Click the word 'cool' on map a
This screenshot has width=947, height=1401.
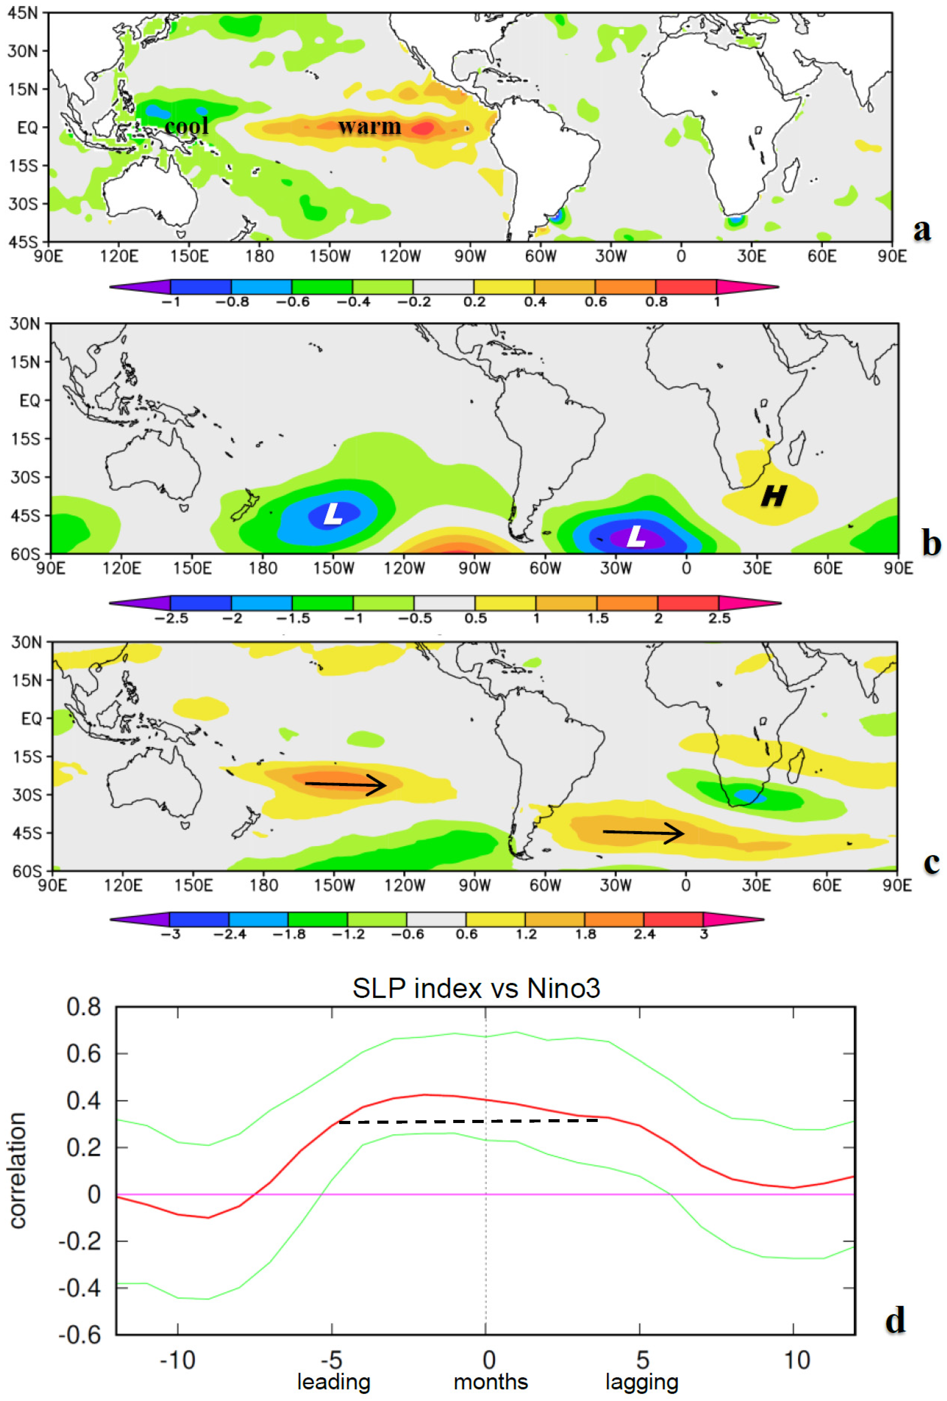pyautogui.click(x=186, y=126)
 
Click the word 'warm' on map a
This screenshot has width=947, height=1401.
pyautogui.click(x=369, y=126)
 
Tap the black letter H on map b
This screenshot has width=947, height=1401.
pyautogui.click(x=773, y=496)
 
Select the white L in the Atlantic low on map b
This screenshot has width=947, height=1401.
pyautogui.click(x=635, y=536)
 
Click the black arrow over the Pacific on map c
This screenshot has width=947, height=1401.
pyautogui.click(x=345, y=784)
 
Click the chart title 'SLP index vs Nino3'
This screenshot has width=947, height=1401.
pyautogui.click(x=476, y=989)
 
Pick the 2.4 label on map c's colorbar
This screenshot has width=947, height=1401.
pyautogui.click(x=644, y=934)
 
